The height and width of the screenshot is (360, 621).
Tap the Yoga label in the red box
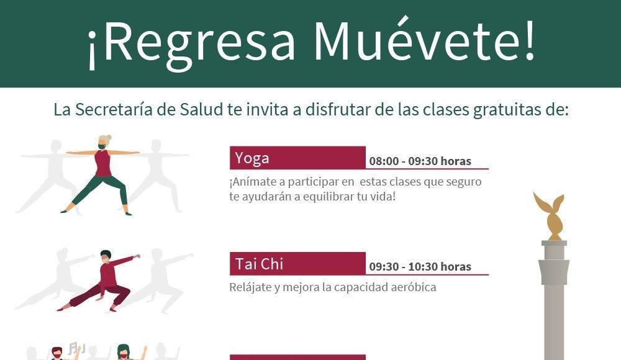click(x=252, y=158)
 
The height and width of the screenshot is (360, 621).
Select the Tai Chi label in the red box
click(x=259, y=264)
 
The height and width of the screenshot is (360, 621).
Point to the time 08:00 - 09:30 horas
click(x=420, y=161)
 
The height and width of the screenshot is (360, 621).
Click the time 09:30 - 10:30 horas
click(x=420, y=266)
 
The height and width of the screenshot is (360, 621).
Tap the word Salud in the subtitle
click(x=201, y=110)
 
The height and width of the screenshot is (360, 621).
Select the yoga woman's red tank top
click(x=103, y=163)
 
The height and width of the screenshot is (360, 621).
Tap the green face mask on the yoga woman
click(x=102, y=146)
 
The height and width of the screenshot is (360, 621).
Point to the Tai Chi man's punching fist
click(x=137, y=256)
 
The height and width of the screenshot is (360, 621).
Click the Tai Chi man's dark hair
click(x=106, y=253)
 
